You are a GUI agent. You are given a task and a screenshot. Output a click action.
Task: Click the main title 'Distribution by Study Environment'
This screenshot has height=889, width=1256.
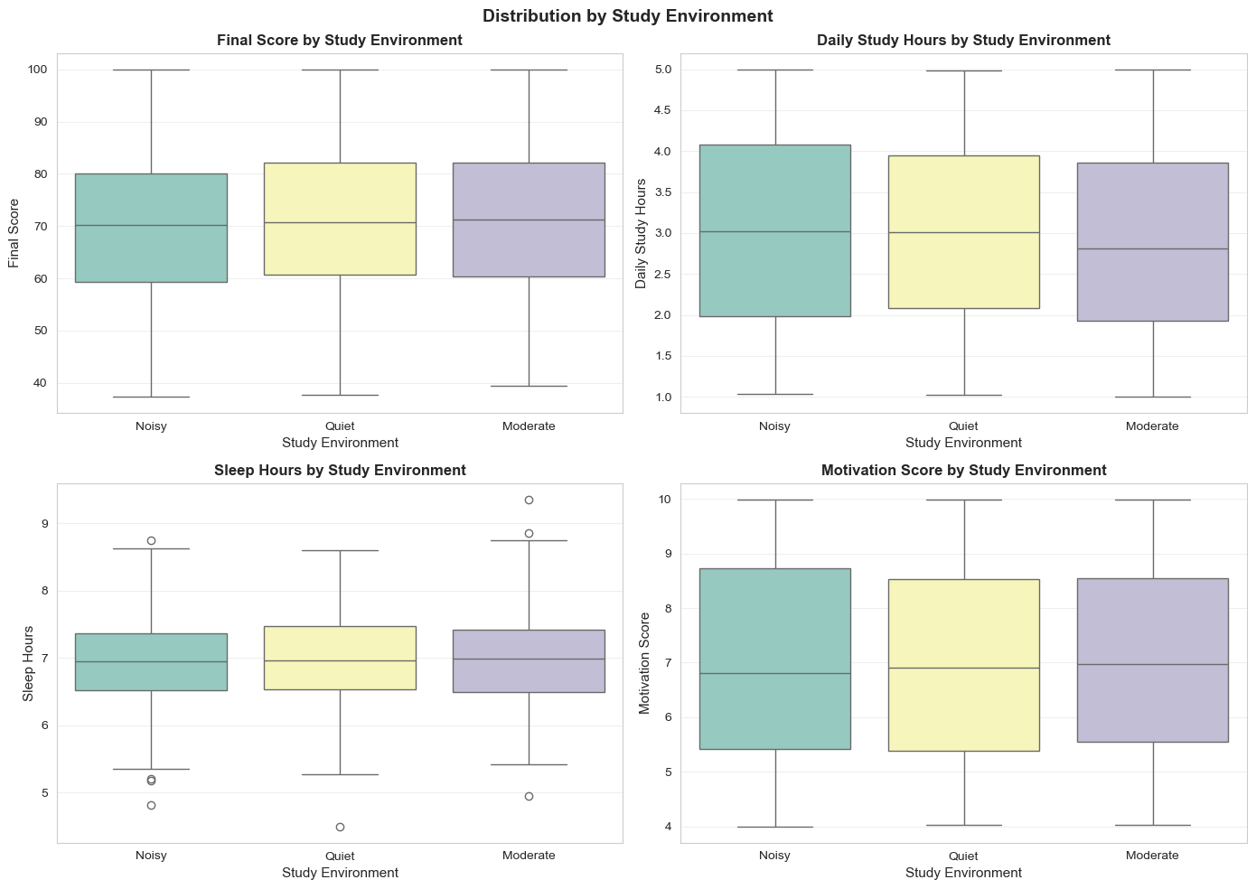[x=627, y=16]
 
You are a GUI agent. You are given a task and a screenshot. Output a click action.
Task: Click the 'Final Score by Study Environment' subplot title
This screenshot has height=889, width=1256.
[x=340, y=41]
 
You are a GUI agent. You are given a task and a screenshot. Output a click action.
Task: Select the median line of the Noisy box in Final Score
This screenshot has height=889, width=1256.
[x=151, y=225]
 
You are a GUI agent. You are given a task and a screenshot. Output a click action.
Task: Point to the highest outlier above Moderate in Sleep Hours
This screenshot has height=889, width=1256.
[x=529, y=500]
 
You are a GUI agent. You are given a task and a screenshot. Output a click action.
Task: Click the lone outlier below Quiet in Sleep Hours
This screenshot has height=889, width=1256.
[x=340, y=827]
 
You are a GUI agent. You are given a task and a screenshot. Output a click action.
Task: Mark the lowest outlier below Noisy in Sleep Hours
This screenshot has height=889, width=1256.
[x=151, y=805]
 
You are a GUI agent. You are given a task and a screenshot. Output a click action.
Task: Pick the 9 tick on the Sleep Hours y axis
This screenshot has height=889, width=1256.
[x=43, y=524]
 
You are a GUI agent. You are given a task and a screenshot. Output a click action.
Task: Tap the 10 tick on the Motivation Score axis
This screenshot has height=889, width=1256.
[x=664, y=500]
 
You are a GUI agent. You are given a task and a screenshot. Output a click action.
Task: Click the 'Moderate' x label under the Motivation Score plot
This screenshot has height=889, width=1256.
[x=1152, y=856]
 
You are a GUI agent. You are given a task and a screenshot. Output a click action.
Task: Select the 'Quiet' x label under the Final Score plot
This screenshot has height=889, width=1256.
[x=340, y=426]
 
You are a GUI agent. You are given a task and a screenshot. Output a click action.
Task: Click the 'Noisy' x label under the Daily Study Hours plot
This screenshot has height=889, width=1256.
[x=774, y=426]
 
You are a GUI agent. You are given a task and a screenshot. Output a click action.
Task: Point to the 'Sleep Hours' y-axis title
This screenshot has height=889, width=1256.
[x=28, y=663]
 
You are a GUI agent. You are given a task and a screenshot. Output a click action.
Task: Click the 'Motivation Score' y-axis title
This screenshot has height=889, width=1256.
[x=644, y=663]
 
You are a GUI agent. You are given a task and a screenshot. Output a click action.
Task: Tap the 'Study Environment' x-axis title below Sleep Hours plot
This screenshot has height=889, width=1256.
[x=340, y=873]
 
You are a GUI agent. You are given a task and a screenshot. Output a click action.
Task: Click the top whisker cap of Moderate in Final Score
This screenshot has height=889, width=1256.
[x=529, y=70]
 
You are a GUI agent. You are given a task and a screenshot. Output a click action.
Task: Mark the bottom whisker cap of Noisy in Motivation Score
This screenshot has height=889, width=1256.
[x=774, y=827]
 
